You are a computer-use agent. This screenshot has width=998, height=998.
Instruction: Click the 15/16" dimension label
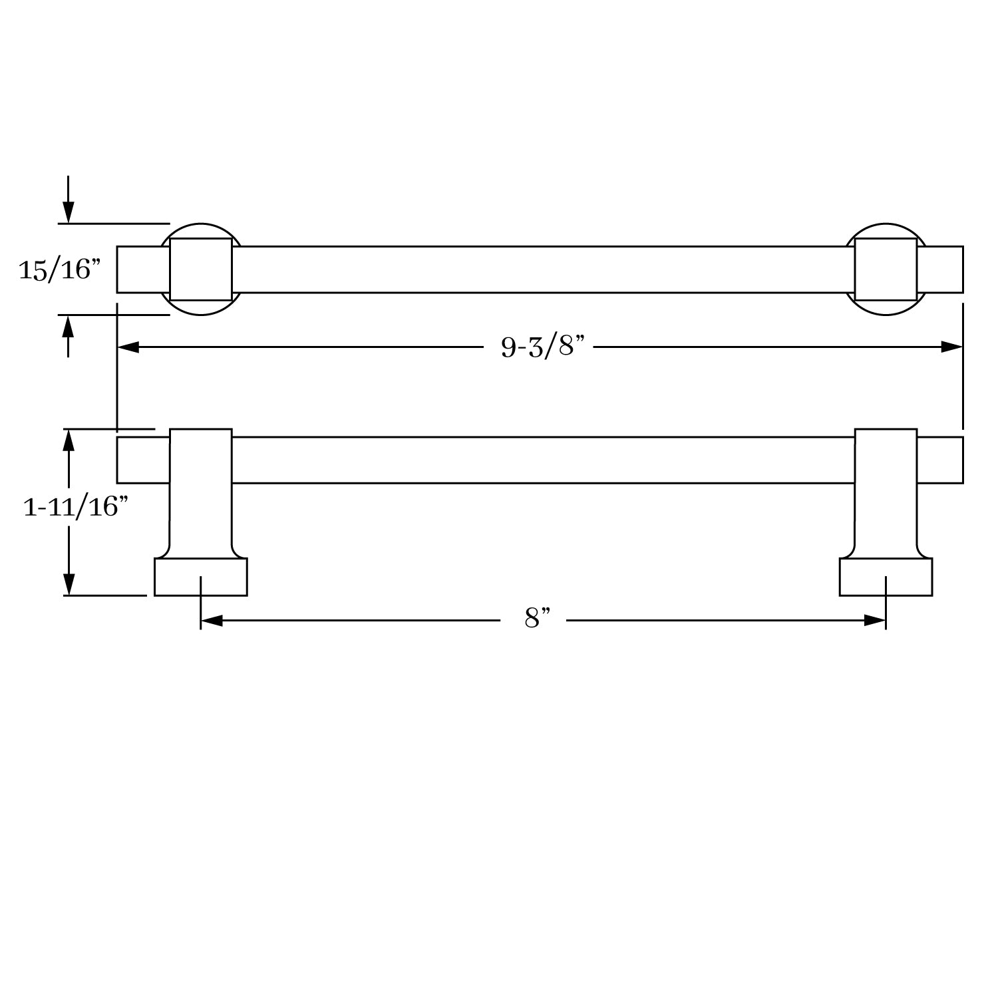pos(59,269)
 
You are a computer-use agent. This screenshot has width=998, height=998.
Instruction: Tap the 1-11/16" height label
pos(75,507)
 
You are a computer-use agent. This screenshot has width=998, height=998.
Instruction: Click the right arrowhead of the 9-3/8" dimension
pos(951,347)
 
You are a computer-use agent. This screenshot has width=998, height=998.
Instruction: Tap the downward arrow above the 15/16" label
pos(68,212)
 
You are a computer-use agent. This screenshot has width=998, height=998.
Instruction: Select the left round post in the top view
pos(201,269)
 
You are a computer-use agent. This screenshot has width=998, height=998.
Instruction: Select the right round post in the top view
pos(886,269)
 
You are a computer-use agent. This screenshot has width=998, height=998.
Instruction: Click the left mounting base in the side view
pos(201,576)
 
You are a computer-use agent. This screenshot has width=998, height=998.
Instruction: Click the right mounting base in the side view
pos(886,576)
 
